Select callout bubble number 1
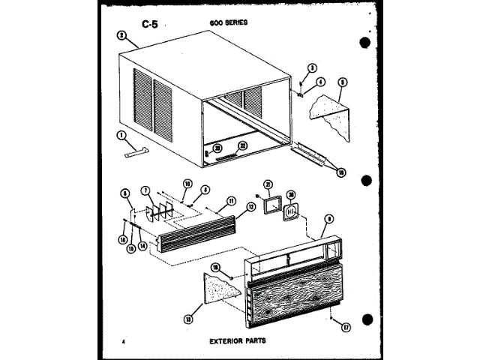pos(120,135)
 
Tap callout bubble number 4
pos(320,82)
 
